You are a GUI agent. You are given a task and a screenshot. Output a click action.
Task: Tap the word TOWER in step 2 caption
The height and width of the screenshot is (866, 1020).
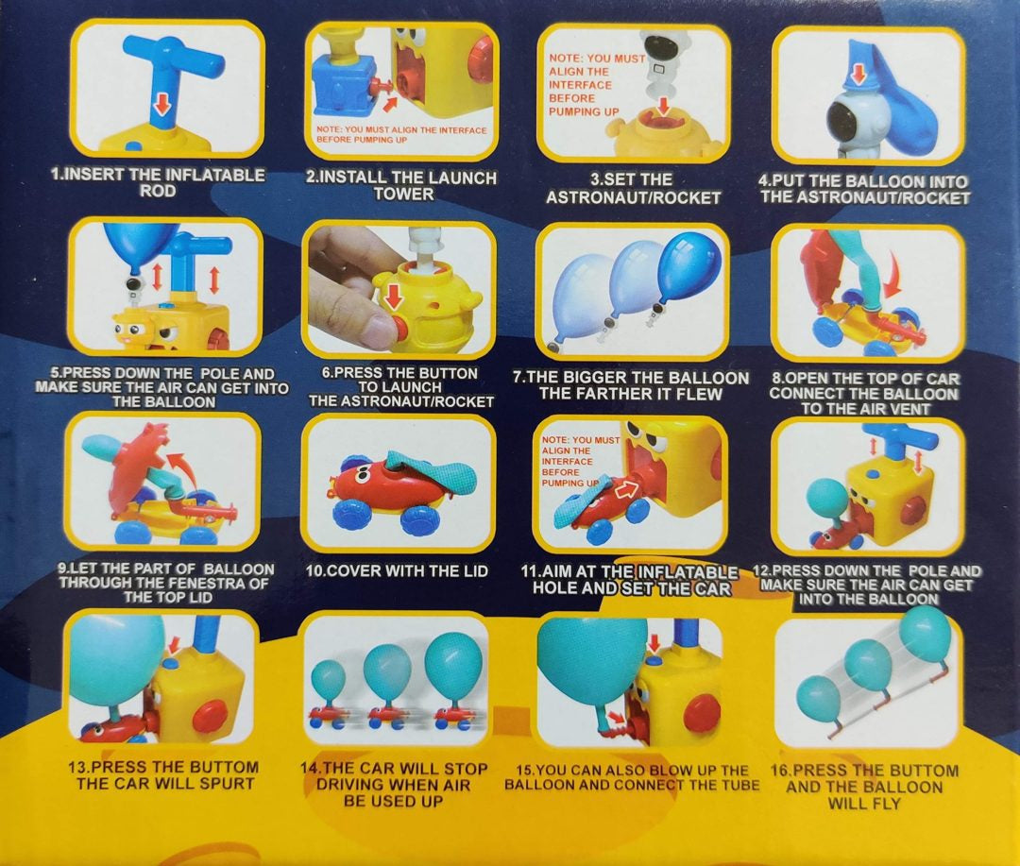click(x=403, y=194)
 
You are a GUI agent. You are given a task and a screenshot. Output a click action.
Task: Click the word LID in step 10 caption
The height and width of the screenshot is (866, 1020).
click(x=473, y=571)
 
